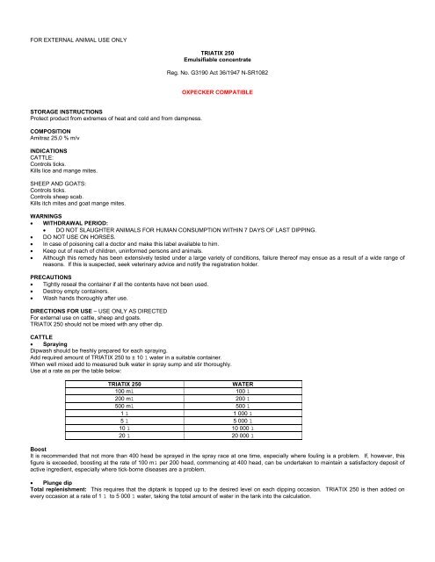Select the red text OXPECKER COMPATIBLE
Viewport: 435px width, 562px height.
click(215, 90)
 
